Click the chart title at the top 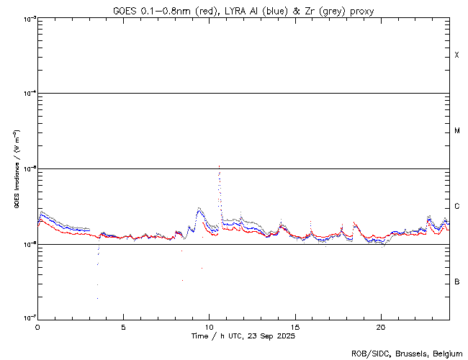(243, 11)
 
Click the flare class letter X (456, 55)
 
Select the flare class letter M (456, 131)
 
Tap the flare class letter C (456, 207)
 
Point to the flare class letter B (456, 282)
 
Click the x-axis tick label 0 (37, 326)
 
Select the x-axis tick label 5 (123, 326)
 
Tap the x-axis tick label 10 (209, 326)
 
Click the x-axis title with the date (243, 336)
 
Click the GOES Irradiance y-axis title (16, 168)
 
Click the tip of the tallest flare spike (219, 166)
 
